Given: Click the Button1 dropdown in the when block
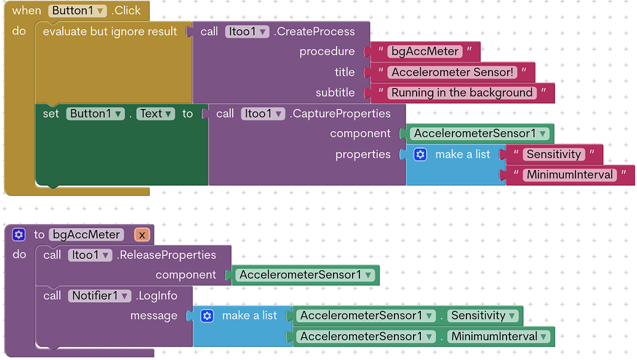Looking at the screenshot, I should point(78,10).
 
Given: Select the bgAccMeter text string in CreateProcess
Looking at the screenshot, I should point(425,51).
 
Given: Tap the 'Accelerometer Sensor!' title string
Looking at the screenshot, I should point(452,72).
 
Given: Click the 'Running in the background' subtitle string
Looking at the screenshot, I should point(462,93).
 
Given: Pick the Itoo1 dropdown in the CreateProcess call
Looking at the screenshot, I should point(247,31).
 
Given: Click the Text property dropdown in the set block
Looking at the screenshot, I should point(156,113).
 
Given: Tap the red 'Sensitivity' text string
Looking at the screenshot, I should point(553,154).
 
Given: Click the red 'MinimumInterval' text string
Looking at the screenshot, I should point(569,175).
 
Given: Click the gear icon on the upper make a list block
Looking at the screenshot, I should point(420,154).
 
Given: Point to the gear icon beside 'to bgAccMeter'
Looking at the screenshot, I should point(19,234).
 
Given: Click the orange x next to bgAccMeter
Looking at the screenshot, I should point(142,234).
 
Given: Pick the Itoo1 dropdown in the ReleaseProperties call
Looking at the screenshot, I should point(90,255).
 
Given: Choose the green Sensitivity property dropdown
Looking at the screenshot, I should point(483,316).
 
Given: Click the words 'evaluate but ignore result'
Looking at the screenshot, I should point(110,31).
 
